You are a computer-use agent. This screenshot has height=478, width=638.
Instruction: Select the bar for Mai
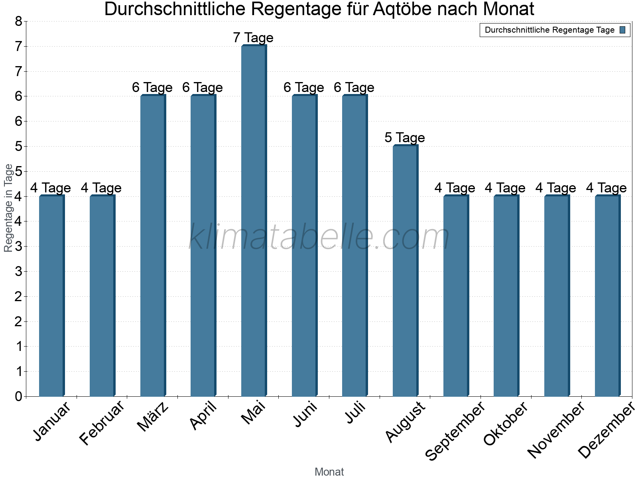coord(254,221)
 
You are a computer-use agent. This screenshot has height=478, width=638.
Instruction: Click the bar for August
coord(405,271)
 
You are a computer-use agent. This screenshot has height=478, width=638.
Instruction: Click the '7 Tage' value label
coord(253,38)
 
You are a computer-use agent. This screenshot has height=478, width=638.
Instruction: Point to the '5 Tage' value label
coord(405,138)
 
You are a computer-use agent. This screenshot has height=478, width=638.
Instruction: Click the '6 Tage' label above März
coord(152,88)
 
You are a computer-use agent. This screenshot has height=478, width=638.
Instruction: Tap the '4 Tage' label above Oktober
coord(505,188)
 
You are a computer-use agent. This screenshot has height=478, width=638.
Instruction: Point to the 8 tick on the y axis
coord(18,22)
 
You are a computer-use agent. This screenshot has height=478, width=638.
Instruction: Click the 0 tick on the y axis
coord(18,396)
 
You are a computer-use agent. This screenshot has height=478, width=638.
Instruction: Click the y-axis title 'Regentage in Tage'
coord(8,208)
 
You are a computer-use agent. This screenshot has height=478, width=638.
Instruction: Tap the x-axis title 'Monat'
coord(329,472)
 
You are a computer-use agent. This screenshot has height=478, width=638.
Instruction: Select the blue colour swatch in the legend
coord(623,30)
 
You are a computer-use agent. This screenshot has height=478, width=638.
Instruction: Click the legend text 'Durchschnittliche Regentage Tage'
coord(549,30)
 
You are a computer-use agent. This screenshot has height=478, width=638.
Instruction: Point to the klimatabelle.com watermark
coord(319,237)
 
